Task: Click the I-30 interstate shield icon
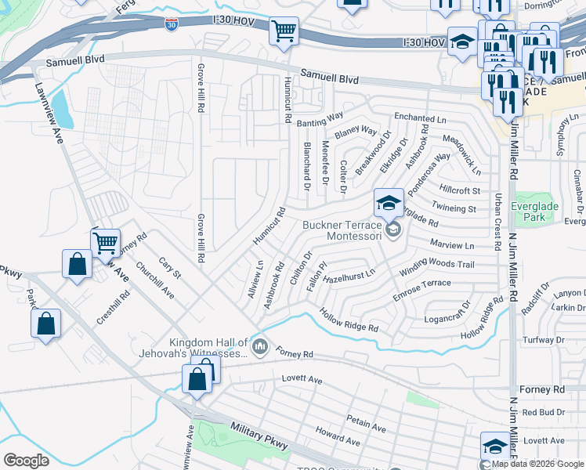point(171,25)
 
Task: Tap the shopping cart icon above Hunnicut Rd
point(283,31)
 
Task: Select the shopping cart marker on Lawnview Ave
point(104,243)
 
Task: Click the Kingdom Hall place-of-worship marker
point(260,345)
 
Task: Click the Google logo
point(26,461)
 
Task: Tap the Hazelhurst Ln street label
point(349,275)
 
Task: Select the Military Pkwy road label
point(259,436)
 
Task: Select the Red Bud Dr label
point(544,412)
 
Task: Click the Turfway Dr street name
point(543,341)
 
